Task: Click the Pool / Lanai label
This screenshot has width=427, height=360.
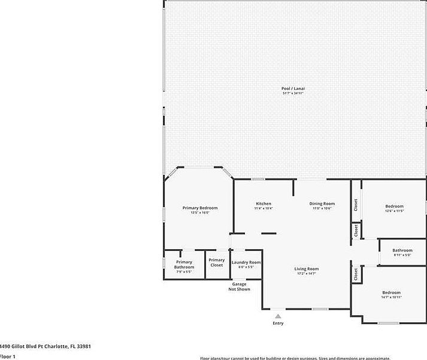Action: tap(293, 88)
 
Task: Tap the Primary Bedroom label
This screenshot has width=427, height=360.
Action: tap(200, 208)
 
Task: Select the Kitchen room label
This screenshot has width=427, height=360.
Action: tap(264, 204)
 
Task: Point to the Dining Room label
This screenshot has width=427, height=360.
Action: tap(322, 204)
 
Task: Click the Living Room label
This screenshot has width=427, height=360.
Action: tap(306, 269)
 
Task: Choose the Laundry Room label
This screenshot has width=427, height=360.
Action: tap(246, 262)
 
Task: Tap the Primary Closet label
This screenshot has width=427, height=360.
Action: tap(216, 262)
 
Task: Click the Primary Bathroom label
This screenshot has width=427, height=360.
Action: tap(184, 265)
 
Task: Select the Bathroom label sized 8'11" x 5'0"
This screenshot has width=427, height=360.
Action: tap(402, 250)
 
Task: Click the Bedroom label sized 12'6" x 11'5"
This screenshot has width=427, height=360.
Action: tap(394, 206)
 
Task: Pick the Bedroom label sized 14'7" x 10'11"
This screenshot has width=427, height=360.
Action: tap(392, 292)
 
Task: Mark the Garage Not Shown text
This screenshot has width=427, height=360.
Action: tap(240, 286)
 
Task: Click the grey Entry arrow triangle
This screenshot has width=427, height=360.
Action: tap(278, 316)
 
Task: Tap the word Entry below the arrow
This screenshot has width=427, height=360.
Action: tap(278, 323)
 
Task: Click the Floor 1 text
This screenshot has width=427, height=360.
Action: tap(7, 356)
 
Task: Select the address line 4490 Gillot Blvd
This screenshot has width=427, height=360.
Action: tap(45, 346)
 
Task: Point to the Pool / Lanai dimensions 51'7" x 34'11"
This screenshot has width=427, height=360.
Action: tap(293, 93)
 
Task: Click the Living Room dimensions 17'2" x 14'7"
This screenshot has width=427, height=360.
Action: tap(306, 274)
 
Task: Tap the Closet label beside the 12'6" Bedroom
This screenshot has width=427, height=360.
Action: tap(356, 205)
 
